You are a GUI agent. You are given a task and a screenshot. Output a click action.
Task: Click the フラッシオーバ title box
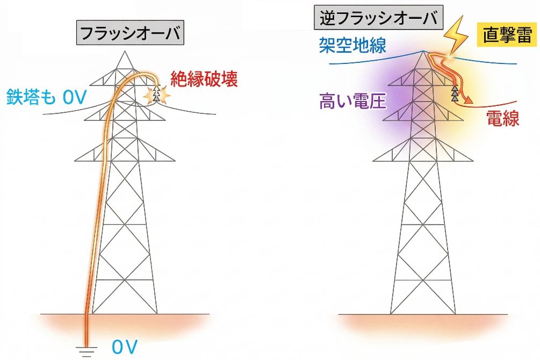pyautogui.click(x=130, y=33)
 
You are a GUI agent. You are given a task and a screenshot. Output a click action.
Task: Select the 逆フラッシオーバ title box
pyautogui.click(x=378, y=18)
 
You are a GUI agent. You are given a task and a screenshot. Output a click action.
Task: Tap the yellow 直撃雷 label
pyautogui.click(x=507, y=35)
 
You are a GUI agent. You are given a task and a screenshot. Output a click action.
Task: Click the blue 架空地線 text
pyautogui.click(x=352, y=45)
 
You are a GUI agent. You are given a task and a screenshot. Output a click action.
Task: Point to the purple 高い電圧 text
pyautogui.click(x=352, y=101)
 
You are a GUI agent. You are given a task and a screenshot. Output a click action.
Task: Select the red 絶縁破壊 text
pyautogui.click(x=204, y=79)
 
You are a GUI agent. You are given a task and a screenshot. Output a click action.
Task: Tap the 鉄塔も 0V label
pyautogui.click(x=46, y=97)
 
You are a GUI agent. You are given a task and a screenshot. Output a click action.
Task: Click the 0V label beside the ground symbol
pyautogui.click(x=125, y=347)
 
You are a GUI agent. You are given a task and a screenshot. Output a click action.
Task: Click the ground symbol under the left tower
pyautogui.click(x=87, y=351)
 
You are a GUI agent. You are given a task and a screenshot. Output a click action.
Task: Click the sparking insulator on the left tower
pyautogui.click(x=157, y=94)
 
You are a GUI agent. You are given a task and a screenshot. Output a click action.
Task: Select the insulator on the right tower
pyautogui.click(x=455, y=93)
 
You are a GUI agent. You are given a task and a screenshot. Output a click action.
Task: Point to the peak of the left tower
pyautogui.click(x=125, y=51)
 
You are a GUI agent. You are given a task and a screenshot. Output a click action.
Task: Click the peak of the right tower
pyautogui.click(x=423, y=51)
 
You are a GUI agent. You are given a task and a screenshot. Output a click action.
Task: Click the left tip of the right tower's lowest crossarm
pyautogui.click(x=373, y=161)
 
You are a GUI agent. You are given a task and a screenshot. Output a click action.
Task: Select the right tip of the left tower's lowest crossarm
pyautogui.click(x=175, y=161)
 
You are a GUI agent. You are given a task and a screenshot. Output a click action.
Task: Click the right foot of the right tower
pyautogui.click(x=455, y=313)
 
